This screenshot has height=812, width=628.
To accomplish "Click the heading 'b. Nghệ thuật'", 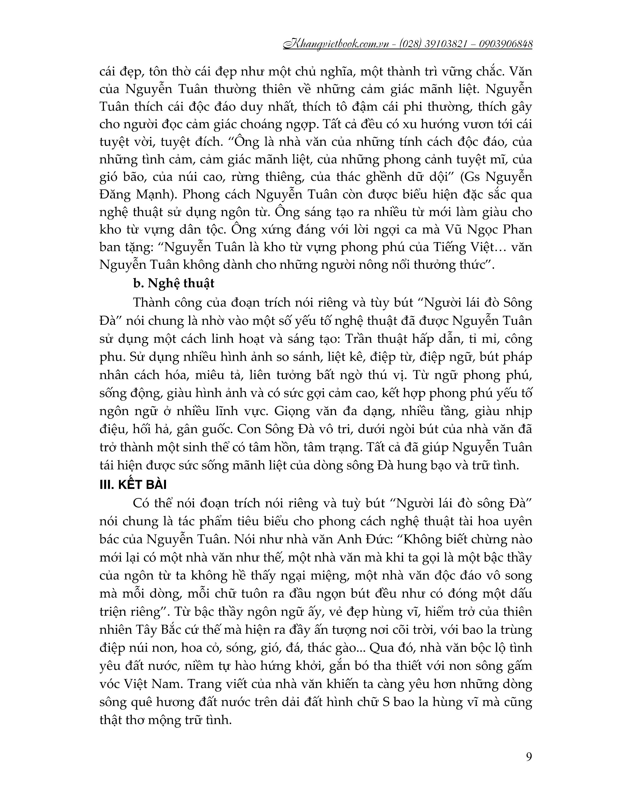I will point(173,283).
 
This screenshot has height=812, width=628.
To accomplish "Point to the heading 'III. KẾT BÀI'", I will point(133,485).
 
